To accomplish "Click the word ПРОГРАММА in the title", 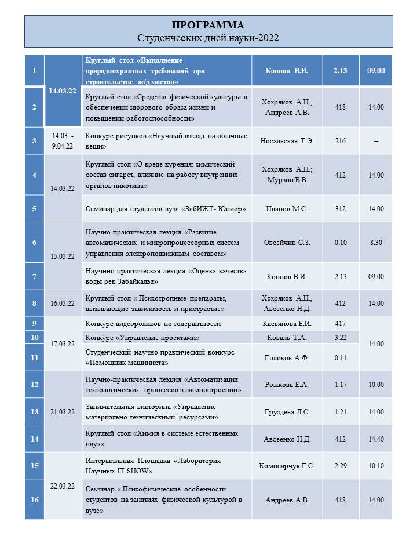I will [209, 25].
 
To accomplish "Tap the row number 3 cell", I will [35, 140].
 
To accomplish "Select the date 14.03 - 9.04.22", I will [63, 140].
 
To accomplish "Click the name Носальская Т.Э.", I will [287, 140].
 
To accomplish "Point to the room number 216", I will [341, 140].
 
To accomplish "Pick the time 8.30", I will [376, 242].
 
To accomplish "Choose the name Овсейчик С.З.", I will [287, 242].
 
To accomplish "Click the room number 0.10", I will [341, 242].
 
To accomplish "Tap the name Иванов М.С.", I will [287, 208].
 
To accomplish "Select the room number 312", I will [341, 208].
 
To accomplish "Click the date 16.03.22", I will [63, 303].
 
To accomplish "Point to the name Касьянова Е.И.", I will [287, 323].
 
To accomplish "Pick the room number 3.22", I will [341, 337].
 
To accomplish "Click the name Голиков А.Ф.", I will [287, 357].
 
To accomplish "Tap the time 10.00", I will [376, 384].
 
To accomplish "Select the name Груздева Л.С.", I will [287, 411].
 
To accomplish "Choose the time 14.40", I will [376, 439].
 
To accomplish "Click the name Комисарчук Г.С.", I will [287, 465].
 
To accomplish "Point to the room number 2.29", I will [341, 465].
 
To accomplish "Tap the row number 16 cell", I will [35, 500].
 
